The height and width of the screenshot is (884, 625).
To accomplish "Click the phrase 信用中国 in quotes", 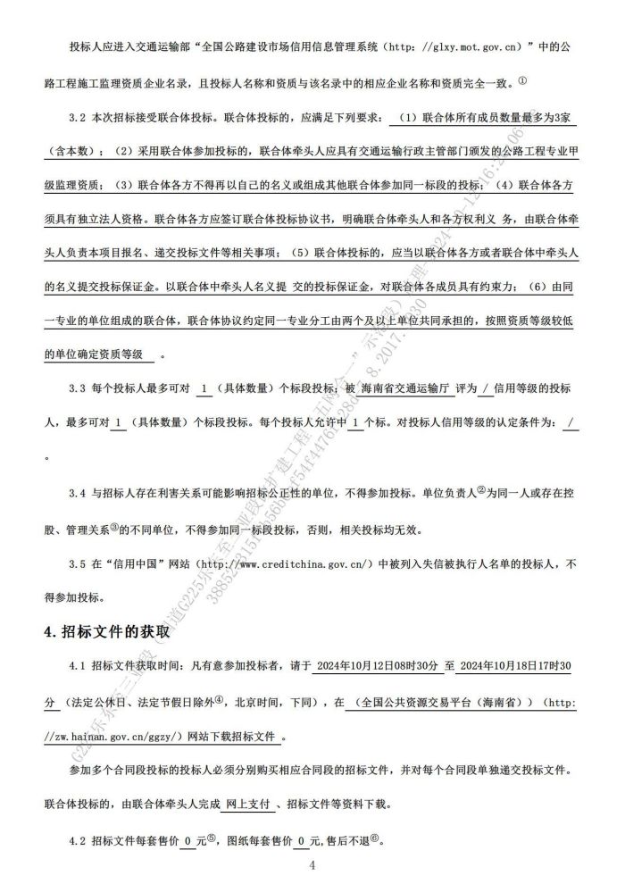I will (137, 564).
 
